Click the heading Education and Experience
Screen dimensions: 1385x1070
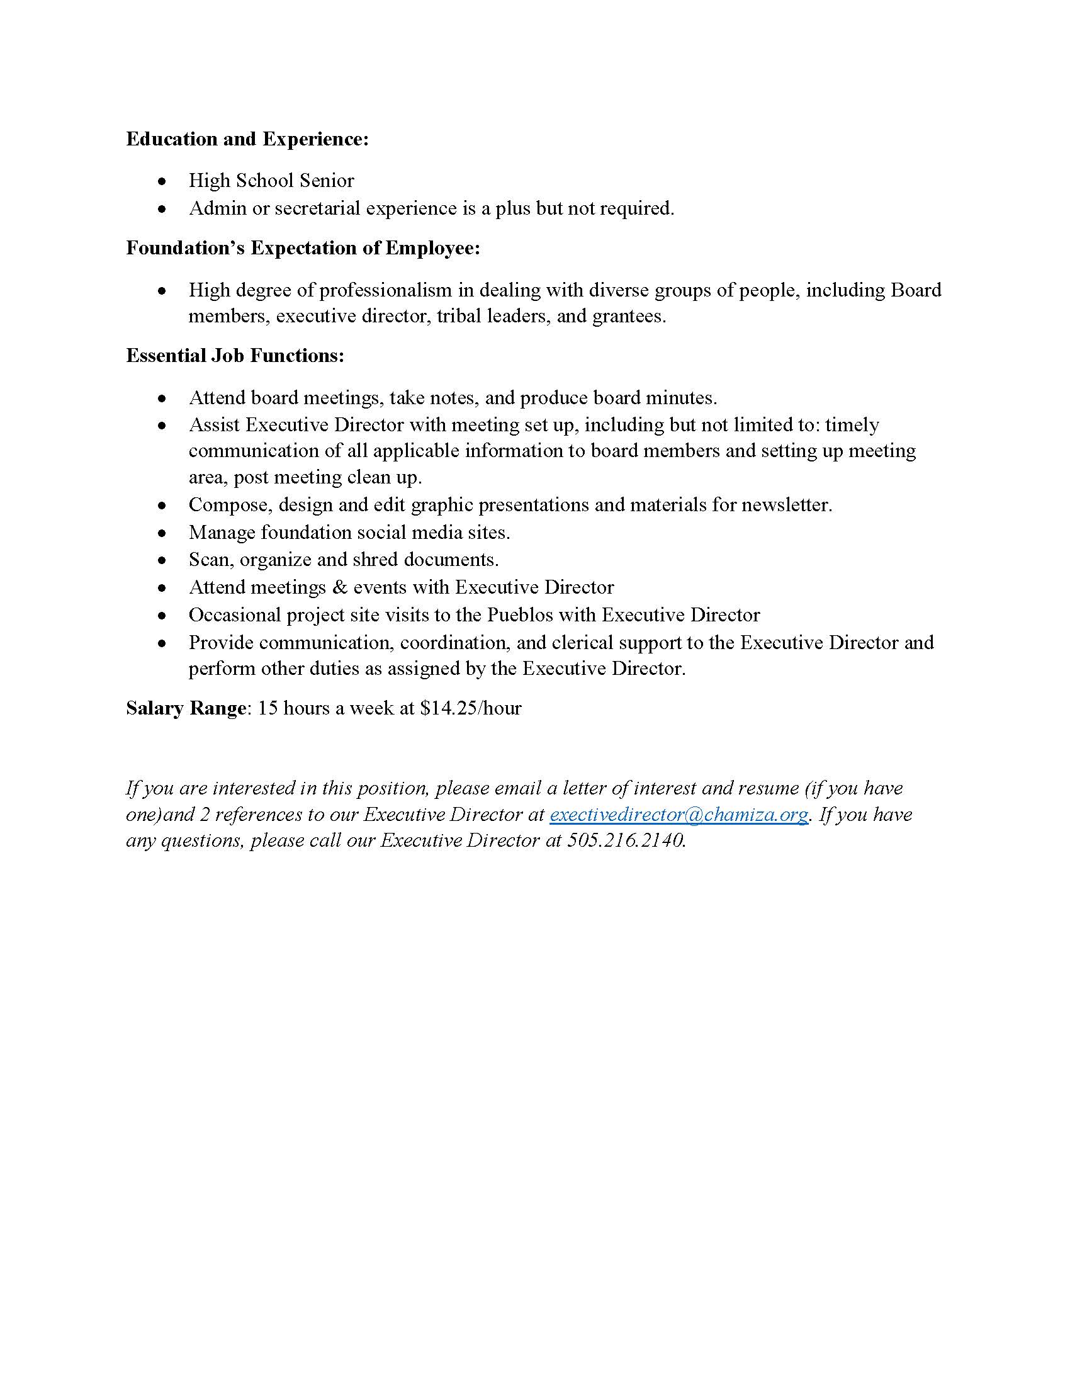[x=247, y=139]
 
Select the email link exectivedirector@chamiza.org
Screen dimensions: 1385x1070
[x=679, y=814]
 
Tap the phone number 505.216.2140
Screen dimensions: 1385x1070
[x=625, y=840]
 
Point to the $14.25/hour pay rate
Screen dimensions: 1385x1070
[x=470, y=708]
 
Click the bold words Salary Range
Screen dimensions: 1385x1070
[x=186, y=708]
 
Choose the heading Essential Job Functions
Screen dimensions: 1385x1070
[x=235, y=356]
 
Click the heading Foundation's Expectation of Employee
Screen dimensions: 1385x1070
[x=303, y=248]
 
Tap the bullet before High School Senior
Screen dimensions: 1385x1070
[x=163, y=181]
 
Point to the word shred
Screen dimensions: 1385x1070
[x=374, y=559]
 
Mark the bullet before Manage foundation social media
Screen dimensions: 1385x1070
[x=163, y=533]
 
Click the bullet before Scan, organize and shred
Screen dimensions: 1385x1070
[x=163, y=560]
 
